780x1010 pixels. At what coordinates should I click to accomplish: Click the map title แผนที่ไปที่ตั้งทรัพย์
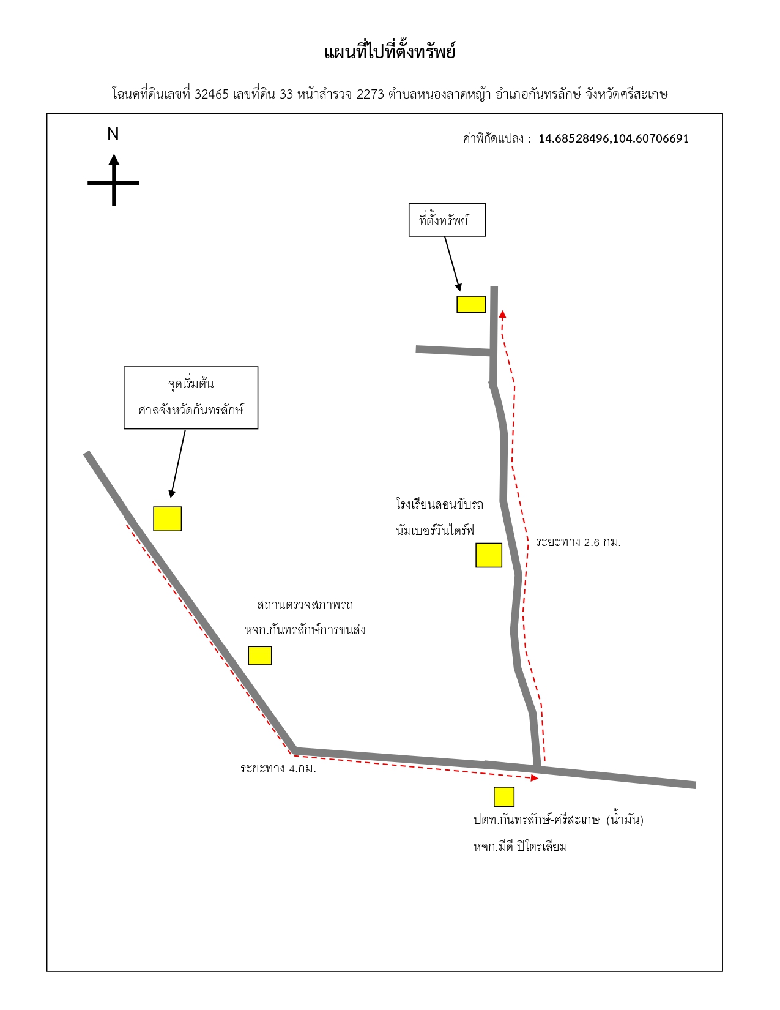(389, 51)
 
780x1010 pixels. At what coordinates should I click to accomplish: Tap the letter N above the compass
(113, 134)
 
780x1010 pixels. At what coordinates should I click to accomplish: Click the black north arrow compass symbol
(114, 181)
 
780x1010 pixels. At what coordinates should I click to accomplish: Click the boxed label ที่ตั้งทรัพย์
(447, 220)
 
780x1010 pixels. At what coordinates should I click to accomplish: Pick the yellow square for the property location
(471, 304)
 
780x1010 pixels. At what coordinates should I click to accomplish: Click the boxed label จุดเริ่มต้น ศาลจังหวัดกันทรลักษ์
(190, 397)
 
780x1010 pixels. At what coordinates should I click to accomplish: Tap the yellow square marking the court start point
(167, 518)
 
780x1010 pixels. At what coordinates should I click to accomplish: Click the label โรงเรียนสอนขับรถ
(439, 504)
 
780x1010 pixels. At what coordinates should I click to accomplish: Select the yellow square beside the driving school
(489, 555)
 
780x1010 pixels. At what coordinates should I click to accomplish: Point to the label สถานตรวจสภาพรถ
(305, 605)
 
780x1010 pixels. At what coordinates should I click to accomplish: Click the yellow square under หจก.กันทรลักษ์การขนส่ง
(259, 656)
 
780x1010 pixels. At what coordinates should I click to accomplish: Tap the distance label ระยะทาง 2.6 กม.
(578, 542)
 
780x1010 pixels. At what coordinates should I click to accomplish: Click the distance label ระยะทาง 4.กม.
(278, 768)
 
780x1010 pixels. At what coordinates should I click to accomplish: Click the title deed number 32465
(212, 94)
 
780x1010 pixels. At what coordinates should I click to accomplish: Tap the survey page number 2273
(370, 94)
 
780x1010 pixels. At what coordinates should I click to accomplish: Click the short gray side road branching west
(454, 351)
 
